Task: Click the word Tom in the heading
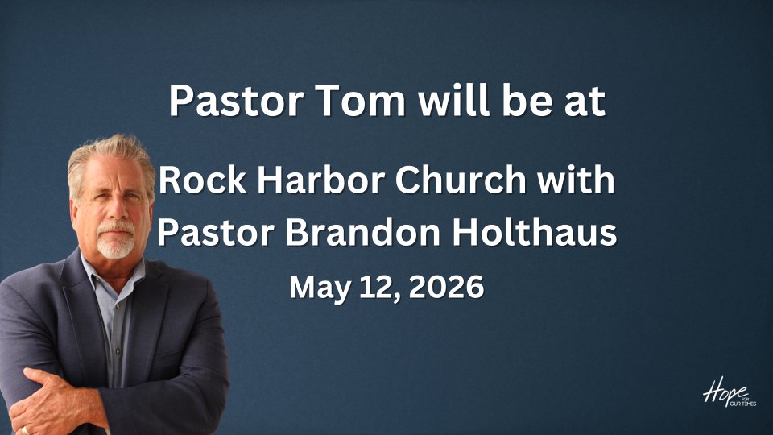(x=360, y=101)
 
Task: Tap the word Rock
(x=202, y=180)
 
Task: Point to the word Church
(x=461, y=180)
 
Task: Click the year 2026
(x=446, y=287)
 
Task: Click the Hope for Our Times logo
(x=730, y=391)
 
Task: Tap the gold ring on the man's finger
(x=24, y=430)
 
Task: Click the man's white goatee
(x=115, y=242)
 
